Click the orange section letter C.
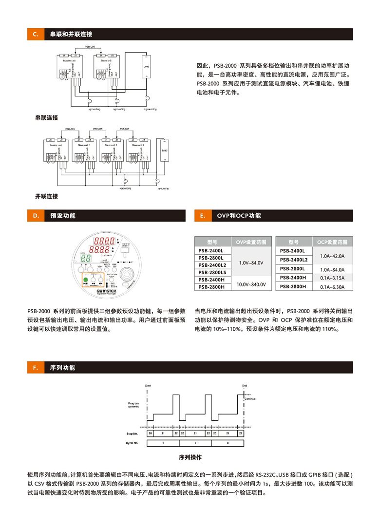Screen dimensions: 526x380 click(35, 35)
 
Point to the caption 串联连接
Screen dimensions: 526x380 click(46, 118)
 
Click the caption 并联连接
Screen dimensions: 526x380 click(46, 196)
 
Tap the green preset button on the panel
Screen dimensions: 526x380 click(85, 280)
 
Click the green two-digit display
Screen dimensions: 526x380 click(88, 259)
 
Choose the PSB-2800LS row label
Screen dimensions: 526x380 click(212, 272)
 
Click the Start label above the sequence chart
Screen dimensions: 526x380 click(148, 385)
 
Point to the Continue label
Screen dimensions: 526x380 click(250, 399)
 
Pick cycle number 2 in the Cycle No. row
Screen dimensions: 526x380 click(195, 443)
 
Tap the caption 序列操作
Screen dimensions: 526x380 click(190, 458)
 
